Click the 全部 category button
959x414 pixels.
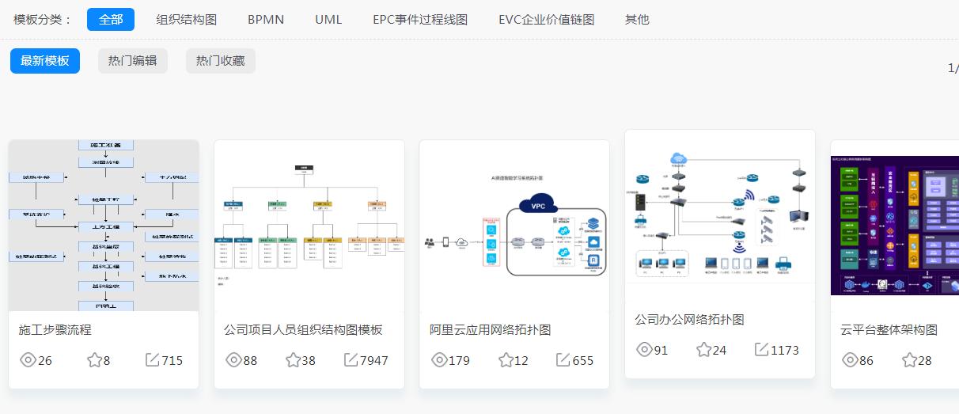coord(111,19)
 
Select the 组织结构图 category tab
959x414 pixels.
coord(187,19)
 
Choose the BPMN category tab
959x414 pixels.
coord(266,19)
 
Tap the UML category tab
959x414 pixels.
coord(328,19)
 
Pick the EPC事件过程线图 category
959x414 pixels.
coord(420,19)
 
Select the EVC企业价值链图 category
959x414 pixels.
coord(546,19)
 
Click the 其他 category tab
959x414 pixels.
coord(637,19)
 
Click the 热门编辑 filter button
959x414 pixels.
coord(132,61)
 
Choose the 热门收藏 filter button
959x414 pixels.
coord(220,61)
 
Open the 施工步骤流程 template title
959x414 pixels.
coord(55,330)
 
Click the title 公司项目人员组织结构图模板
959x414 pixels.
coord(303,330)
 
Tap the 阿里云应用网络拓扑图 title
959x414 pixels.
coord(490,330)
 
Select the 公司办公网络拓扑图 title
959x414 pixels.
coord(689,320)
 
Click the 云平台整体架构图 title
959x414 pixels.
coord(889,330)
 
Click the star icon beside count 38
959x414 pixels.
coord(293,360)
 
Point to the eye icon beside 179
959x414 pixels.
coord(439,360)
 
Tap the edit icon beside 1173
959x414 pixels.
coord(761,350)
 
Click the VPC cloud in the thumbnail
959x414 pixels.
coord(538,205)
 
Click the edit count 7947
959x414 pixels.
coord(373,360)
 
